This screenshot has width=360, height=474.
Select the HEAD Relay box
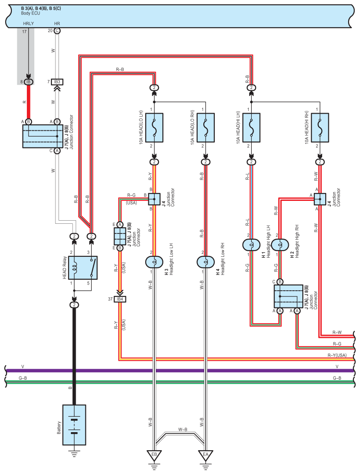pos(83,267)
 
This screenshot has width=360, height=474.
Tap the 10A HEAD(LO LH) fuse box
pos(154,128)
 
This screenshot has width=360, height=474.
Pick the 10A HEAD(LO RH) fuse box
pos(206,128)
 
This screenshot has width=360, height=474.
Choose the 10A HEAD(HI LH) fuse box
pos(251,128)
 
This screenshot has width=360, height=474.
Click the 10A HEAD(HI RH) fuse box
pos(320,128)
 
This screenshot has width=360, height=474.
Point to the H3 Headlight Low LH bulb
pos(154,262)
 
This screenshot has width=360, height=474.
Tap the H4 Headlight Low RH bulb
pos(206,262)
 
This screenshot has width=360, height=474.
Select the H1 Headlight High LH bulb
pos(251,244)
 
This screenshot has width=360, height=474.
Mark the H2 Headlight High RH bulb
pos(279,244)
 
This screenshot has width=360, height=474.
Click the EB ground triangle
pos(154,454)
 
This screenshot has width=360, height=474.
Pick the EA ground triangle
pos(206,454)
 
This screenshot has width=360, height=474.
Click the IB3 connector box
pos(57,82)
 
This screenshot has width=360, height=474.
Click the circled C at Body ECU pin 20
pos(57,31)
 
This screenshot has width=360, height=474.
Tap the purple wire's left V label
pos(22,367)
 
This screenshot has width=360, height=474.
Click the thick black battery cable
pos(74,352)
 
